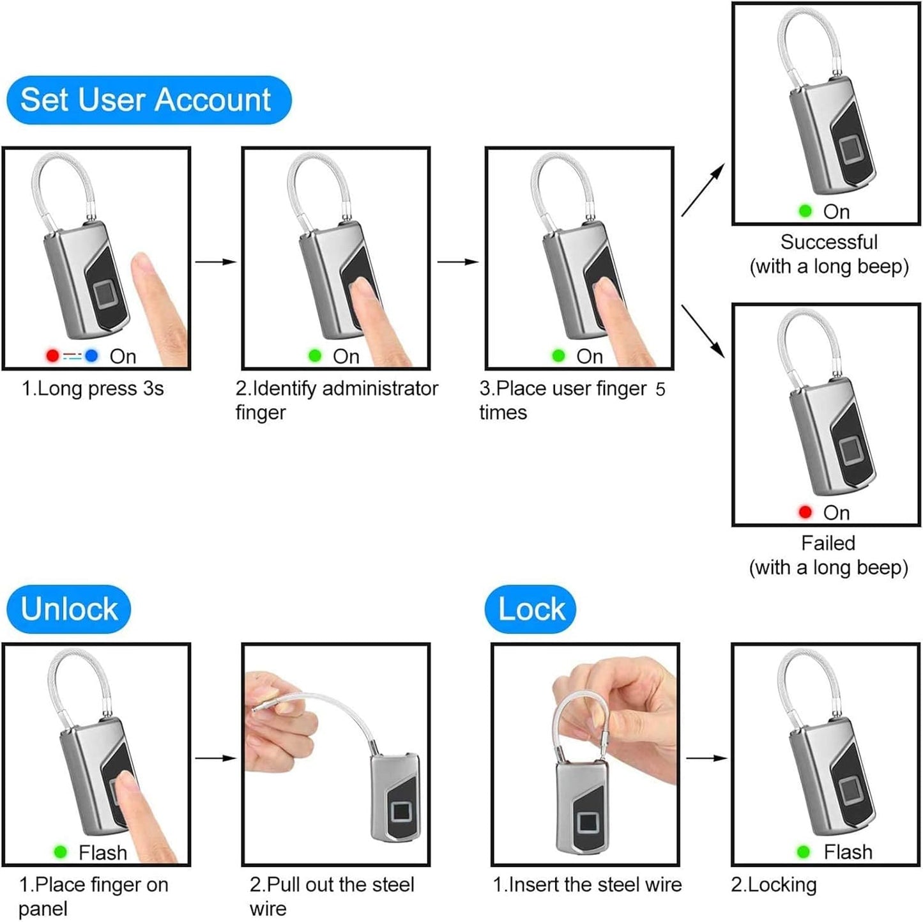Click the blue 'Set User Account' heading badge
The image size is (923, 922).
tap(148, 100)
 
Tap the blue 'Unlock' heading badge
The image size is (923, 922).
tap(69, 609)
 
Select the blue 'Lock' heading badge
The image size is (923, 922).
tap(530, 609)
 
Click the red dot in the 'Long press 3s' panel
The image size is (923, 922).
tap(52, 355)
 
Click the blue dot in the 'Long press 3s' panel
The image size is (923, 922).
tap(91, 355)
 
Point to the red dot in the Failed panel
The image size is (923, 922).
tap(805, 512)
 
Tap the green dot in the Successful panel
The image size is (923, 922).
tap(805, 211)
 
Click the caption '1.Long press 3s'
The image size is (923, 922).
tap(93, 388)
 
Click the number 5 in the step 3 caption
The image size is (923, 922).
tap(660, 389)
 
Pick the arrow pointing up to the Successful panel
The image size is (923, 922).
tap(703, 190)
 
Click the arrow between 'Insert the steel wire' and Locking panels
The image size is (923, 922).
tap(706, 758)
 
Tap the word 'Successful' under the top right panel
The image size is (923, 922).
tap(828, 242)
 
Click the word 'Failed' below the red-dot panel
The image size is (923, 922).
tap(828, 543)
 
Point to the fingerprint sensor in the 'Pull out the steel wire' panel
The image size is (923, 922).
tap(401, 813)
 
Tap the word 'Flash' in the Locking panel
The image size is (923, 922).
tap(848, 852)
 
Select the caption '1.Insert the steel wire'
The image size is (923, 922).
tap(586, 885)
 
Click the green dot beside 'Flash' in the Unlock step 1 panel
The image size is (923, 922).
tap(61, 852)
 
